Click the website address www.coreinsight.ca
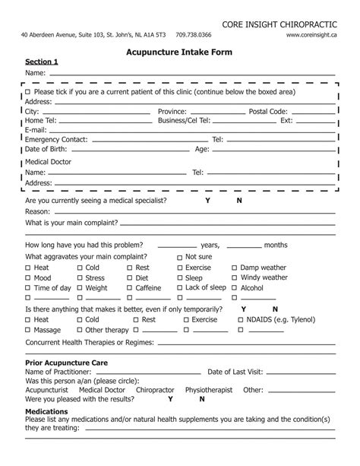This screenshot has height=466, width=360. pos(312,35)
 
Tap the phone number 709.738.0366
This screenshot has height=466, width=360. pos(194,35)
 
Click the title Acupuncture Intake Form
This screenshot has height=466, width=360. pos(179,53)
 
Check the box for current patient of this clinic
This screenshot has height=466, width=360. pos(28,92)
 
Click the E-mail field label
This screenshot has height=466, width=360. pos(36,130)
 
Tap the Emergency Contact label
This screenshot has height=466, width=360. pos(56,140)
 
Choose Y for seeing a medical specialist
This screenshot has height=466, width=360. pos(207,201)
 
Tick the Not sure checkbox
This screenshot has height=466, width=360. pos(179,258)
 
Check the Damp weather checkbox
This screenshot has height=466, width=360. pos(235,268)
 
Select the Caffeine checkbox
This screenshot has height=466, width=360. pos(130,289)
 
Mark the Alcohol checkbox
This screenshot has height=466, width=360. pos(235,289)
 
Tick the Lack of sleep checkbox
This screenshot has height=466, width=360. pos(179,288)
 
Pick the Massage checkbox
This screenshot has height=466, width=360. pos(28,331)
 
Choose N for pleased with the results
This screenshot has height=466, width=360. pos(201,399)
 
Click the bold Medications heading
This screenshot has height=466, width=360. pos(47,411)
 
